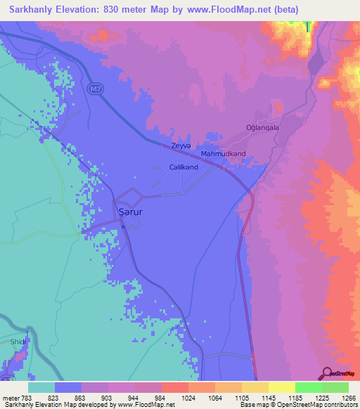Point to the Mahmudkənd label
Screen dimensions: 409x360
click(x=224, y=153)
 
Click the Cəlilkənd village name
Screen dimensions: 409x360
click(x=184, y=168)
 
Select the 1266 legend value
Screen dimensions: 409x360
click(x=349, y=397)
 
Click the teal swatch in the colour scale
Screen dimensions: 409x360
click(x=41, y=387)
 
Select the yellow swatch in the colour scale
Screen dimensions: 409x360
click(x=281, y=387)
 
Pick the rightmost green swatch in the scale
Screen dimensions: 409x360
click(x=335, y=387)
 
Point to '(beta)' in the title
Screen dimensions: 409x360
click(x=287, y=10)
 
